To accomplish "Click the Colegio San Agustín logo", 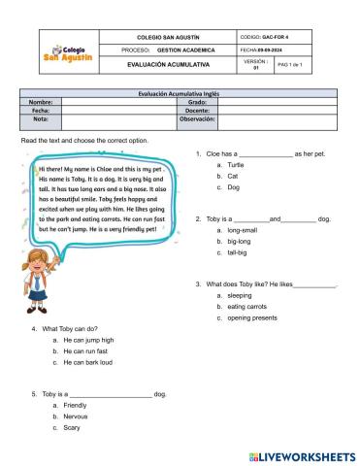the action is pyautogui.click(x=70, y=51).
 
